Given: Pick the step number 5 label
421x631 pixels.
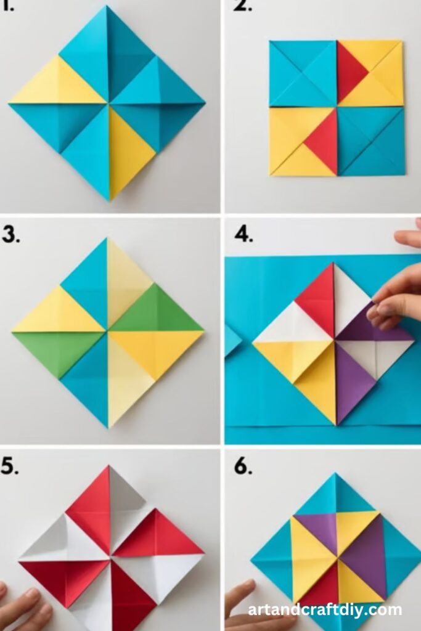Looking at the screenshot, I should [x=10, y=466].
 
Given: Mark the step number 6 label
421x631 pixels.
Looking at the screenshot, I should [x=243, y=467].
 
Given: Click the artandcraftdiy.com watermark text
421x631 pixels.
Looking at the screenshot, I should [x=325, y=610].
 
